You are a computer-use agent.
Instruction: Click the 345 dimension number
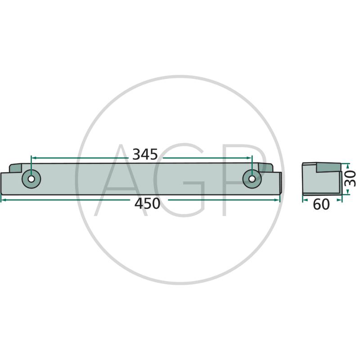[145, 154]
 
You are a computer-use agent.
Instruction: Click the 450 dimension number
[147, 204]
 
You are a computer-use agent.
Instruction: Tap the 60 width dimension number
[321, 205]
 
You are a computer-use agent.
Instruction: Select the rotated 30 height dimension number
[351, 178]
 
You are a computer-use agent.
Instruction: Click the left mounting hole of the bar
[31, 179]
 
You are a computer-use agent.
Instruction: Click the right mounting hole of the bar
[252, 179]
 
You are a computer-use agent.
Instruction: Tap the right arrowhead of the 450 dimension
[277, 200]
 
